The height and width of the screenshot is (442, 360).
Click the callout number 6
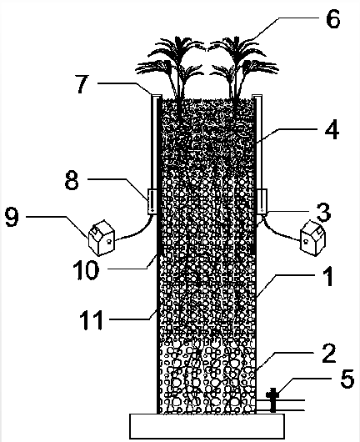[333, 18]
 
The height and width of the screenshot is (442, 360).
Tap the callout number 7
[82, 83]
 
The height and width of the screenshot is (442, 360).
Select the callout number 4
[332, 130]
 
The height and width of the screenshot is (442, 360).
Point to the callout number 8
[72, 179]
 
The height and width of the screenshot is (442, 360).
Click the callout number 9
[12, 217]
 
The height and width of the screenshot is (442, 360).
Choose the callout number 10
[86, 269]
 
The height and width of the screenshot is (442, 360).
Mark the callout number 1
[328, 277]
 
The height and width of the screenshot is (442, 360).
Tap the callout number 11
[92, 319]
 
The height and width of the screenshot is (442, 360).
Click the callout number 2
[328, 353]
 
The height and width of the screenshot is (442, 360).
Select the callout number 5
[347, 379]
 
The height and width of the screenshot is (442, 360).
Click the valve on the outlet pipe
[272, 399]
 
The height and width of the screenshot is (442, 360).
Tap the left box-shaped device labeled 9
[102, 238]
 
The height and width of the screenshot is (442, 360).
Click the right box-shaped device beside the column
[312, 238]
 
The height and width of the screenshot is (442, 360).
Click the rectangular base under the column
[207, 425]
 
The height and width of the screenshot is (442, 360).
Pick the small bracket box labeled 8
[152, 202]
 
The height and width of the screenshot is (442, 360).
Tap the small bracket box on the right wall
[262, 202]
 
